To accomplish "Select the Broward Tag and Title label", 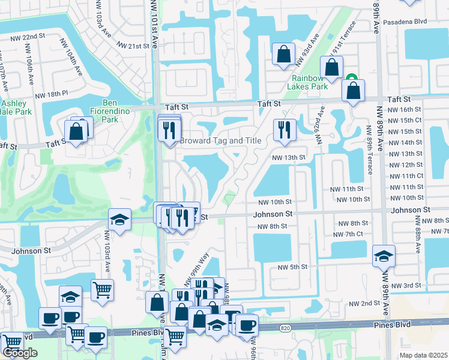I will [x=221, y=140].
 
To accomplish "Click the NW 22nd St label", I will [x=28, y=36].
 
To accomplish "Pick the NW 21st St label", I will [x=133, y=46].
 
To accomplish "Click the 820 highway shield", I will [x=285, y=328].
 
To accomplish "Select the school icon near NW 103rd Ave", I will [x=119, y=219].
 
